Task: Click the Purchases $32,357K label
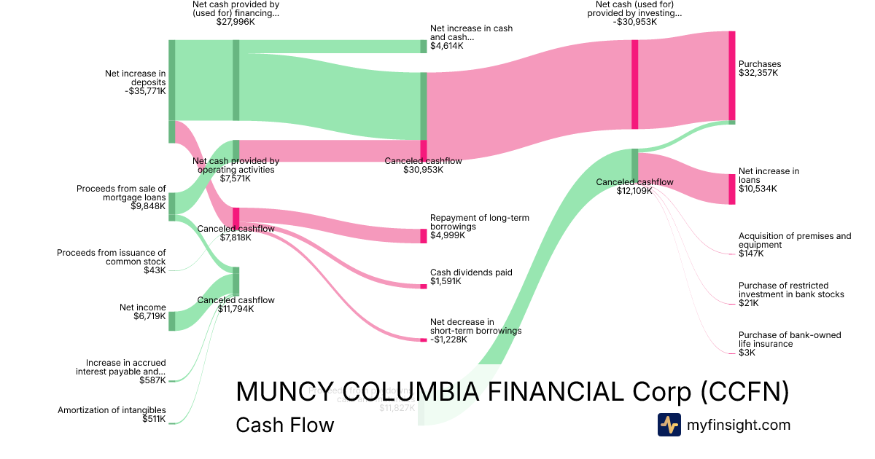759,68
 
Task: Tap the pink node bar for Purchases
731,76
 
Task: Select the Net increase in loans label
769,179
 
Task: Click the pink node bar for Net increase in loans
731,189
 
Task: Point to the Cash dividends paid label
470,276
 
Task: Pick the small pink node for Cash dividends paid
423,286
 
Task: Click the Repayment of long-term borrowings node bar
423,235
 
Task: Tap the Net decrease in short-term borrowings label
475,330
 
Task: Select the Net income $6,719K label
143,312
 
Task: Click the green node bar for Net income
172,321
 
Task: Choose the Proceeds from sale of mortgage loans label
121,197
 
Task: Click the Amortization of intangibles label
112,415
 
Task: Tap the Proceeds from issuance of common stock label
112,262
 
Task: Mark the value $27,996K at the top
236,22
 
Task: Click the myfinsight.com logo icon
669,425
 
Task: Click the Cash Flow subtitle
284,425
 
